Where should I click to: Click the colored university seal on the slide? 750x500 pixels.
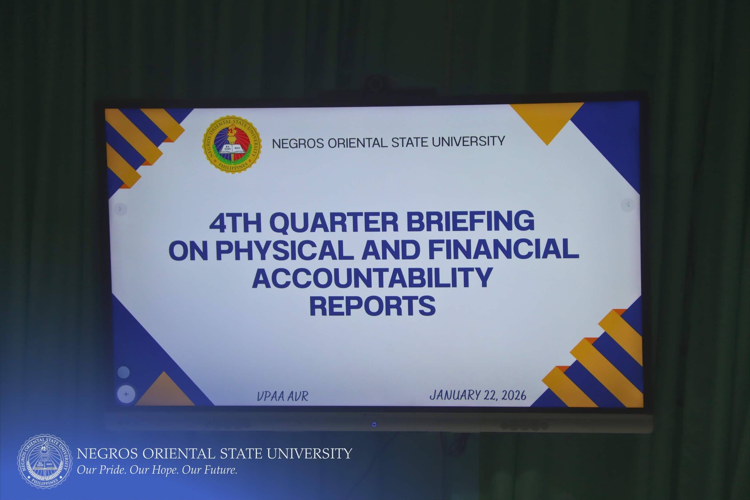coord(232,145)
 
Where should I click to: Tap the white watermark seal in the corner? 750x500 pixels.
coord(45,461)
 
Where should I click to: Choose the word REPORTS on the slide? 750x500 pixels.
coord(372,306)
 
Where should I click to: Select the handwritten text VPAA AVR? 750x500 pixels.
coord(283,396)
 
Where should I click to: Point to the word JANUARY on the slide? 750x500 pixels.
coord(454,395)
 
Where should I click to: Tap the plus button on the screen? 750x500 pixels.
coord(126,395)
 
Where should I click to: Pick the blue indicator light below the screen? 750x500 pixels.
coord(374,425)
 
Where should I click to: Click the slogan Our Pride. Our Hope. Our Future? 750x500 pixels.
coord(157,470)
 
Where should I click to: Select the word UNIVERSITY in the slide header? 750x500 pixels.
coord(468,141)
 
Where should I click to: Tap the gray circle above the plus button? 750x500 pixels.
coord(124,373)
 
